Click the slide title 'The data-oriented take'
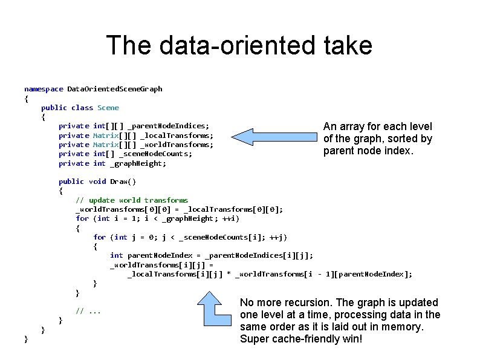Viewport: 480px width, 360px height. pyautogui.click(x=239, y=46)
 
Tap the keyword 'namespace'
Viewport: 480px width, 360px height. pyautogui.click(x=44, y=89)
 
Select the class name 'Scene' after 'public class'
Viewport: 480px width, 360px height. pyautogui.click(x=108, y=108)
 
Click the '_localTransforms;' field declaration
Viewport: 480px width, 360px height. pyautogui.click(x=177, y=136)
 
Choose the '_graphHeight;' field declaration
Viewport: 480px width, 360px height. pyautogui.click(x=138, y=163)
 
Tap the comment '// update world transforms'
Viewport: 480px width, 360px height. pyautogui.click(x=132, y=200)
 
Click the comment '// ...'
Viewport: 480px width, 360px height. pyautogui.click(x=88, y=311)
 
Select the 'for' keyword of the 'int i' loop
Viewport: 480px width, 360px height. pyautogui.click(x=82, y=218)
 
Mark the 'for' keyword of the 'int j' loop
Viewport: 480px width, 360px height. pyautogui.click(x=100, y=237)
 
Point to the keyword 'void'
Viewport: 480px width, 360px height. pyautogui.click(x=97, y=182)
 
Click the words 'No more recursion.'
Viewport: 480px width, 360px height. pyautogui.click(x=281, y=303)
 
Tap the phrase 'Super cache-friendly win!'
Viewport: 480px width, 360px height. pyautogui.click(x=301, y=339)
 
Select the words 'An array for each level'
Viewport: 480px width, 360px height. pyautogui.click(x=378, y=126)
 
